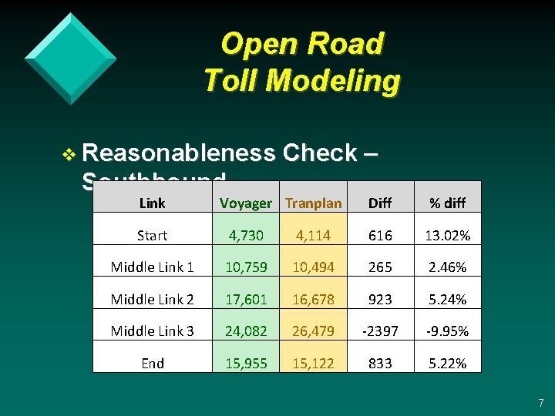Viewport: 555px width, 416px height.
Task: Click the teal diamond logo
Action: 70,58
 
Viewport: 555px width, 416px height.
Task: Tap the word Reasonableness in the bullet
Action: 178,153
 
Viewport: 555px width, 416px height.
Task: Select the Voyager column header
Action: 245,203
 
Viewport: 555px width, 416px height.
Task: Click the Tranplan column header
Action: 313,203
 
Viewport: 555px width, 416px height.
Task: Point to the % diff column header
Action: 448,203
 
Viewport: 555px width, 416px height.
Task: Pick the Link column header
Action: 152,203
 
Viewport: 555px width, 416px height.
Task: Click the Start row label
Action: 152,235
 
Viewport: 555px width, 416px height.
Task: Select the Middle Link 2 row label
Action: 152,299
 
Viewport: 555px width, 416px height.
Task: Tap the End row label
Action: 152,363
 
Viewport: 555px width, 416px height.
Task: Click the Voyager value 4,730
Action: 245,235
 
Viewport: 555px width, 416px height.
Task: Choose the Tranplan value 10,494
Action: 313,267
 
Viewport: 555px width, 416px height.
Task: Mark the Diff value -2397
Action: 379,331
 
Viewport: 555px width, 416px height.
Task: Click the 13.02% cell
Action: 448,235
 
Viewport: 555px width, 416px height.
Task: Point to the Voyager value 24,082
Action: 245,331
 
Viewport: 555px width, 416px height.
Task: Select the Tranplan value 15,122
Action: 313,363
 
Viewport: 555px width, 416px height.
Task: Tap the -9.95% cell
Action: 448,331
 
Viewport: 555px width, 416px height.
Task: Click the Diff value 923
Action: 379,299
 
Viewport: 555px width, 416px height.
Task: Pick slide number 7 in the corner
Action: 540,403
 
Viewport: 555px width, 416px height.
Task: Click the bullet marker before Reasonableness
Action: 69,154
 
